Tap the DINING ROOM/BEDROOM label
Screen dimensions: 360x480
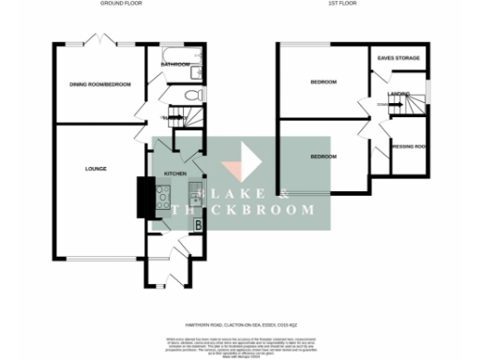pos(99,85)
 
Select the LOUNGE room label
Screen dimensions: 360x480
pos(95,169)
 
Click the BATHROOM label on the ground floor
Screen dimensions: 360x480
pos(174,65)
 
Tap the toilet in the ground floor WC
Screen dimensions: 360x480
pos(191,95)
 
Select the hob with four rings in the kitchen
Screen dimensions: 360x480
pos(161,199)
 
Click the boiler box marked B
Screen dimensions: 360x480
pos(198,223)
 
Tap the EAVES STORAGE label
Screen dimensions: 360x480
pos(397,58)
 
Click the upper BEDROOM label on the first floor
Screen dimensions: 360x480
pos(323,82)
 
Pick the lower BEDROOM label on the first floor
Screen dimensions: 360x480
pos(323,156)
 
